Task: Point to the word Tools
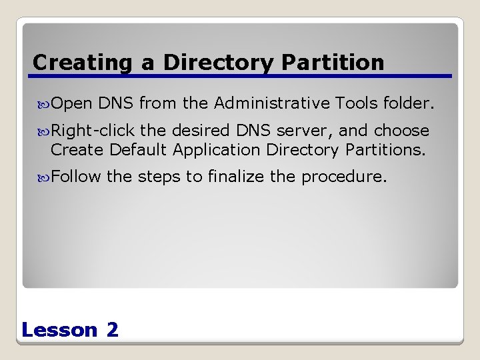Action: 358,103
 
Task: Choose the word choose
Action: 401,130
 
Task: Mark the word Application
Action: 217,150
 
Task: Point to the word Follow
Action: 76,177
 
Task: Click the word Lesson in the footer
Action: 59,329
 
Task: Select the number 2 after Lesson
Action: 112,329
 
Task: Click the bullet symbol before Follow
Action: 44,177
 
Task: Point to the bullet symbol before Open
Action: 44,103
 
